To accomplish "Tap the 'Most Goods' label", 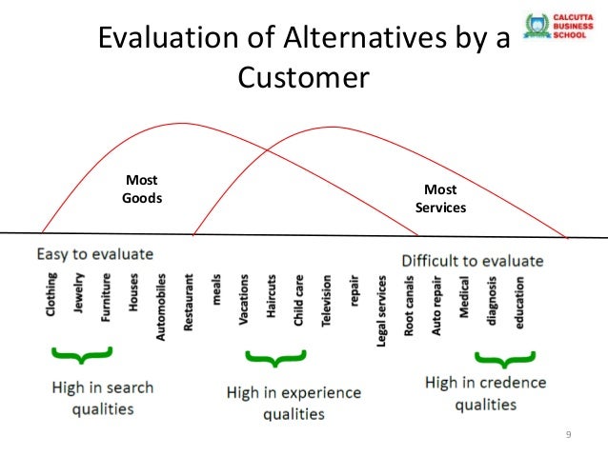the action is pyautogui.click(x=142, y=189).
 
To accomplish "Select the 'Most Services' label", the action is pyautogui.click(x=440, y=198).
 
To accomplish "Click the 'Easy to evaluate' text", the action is pyautogui.click(x=94, y=254).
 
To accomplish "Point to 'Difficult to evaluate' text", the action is pyautogui.click(x=473, y=260).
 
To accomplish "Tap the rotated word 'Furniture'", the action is pyautogui.click(x=106, y=297).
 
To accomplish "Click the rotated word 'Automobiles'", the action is pyautogui.click(x=161, y=303).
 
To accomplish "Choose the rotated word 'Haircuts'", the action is pyautogui.click(x=272, y=299).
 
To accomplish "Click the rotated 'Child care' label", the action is pyautogui.click(x=298, y=302).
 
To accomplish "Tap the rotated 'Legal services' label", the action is pyautogui.click(x=382, y=310).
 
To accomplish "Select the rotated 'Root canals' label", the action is pyautogui.click(x=410, y=306).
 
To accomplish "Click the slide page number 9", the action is pyautogui.click(x=568, y=435).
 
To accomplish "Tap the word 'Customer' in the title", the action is pyautogui.click(x=303, y=76).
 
